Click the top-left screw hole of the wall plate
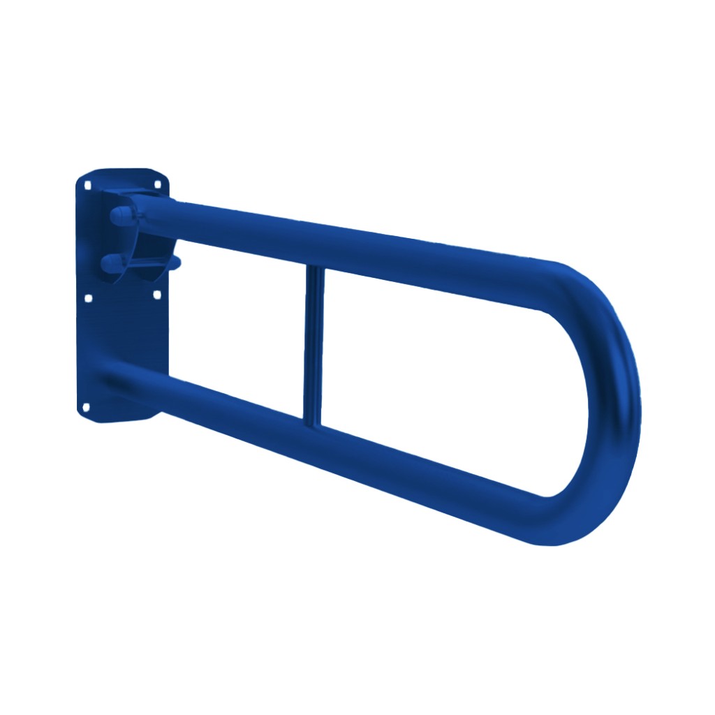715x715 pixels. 87,186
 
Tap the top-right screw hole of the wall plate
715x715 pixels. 157,185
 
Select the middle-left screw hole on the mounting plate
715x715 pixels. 88,298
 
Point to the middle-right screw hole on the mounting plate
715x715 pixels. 156,295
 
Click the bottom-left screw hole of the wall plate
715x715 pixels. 87,406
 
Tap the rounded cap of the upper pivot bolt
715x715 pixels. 117,215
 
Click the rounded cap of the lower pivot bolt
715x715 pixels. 110,263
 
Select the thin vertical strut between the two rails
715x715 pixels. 313,342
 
